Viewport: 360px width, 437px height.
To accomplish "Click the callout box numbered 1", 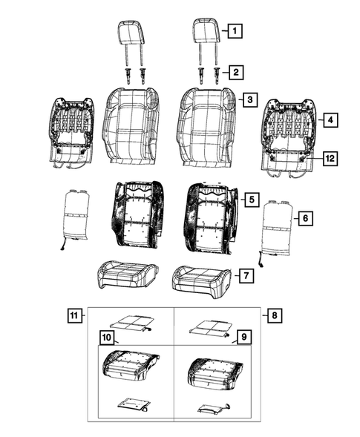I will pos(234,31).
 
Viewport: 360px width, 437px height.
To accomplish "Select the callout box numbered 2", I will pos(235,72).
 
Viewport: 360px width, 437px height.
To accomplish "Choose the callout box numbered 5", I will pos(251,199).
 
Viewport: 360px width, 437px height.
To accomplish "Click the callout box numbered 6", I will pos(304,218).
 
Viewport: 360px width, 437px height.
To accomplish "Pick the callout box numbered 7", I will pos(247,275).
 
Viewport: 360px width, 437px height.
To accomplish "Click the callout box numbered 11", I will pos(73,317).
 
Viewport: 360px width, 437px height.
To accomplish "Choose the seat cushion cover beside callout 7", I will pos(196,279).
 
